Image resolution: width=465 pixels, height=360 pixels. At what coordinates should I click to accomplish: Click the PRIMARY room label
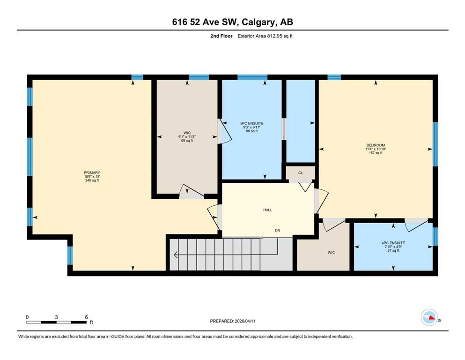[92, 172]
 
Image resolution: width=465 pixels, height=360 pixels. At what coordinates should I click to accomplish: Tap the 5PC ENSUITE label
[252, 123]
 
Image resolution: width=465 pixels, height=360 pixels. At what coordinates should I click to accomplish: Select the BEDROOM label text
[376, 145]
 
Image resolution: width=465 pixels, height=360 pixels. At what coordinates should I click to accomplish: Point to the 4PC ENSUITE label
[393, 243]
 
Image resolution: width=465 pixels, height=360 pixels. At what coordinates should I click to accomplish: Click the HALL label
[267, 210]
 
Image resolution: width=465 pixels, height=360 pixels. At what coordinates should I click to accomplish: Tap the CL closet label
[301, 173]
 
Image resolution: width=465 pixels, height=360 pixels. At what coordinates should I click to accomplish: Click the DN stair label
[278, 231]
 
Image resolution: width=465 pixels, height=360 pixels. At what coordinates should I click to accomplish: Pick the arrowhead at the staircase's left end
[176, 255]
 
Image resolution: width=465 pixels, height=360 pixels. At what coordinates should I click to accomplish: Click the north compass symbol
[429, 317]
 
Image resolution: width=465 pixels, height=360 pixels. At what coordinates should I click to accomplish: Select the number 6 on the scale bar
[86, 317]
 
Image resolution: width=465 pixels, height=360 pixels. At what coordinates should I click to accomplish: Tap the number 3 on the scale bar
[56, 317]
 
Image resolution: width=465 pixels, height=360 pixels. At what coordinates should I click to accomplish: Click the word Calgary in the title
[258, 22]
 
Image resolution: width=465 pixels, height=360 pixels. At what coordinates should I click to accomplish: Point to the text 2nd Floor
[221, 36]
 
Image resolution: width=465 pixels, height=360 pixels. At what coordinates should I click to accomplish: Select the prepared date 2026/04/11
[245, 321]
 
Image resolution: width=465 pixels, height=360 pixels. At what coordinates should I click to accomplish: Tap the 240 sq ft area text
[92, 180]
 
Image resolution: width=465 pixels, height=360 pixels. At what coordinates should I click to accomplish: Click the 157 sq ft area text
[376, 153]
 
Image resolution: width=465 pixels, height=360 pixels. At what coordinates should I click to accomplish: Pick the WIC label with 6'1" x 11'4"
[187, 133]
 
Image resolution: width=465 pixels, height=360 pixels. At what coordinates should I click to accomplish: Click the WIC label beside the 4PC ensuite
[331, 253]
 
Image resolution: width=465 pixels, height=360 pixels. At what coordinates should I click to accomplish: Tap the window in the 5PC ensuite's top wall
[252, 77]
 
